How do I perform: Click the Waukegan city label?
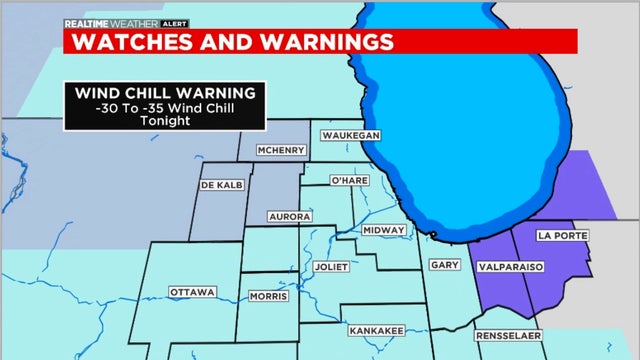point(349,136)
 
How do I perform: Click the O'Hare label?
point(350,180)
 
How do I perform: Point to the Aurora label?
point(290,216)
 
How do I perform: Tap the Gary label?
point(443,265)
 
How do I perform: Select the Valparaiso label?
point(516,268)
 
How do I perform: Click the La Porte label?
point(558,235)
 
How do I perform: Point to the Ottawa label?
point(193,292)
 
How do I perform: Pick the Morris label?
point(269,296)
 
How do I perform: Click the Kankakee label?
point(376,329)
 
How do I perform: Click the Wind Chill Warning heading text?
point(165,93)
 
